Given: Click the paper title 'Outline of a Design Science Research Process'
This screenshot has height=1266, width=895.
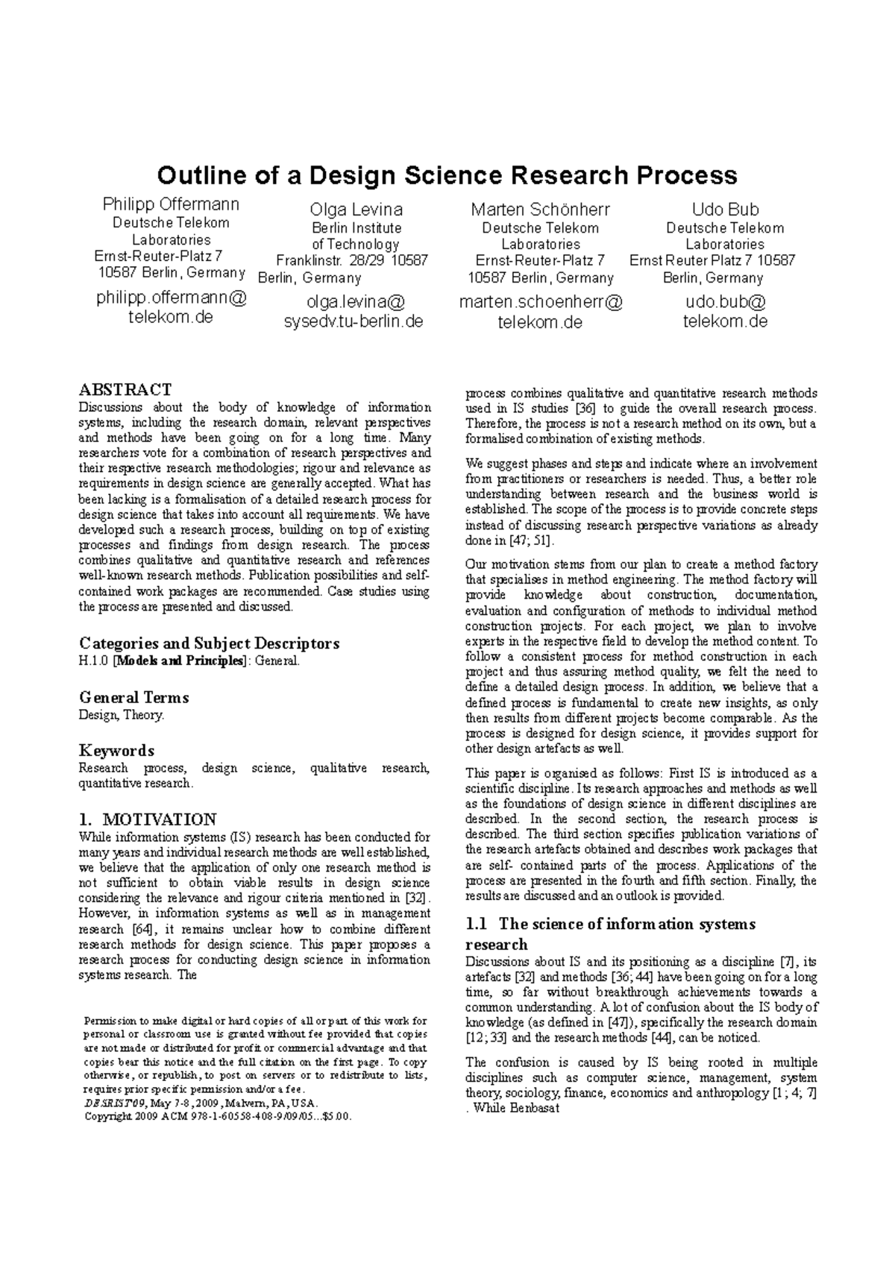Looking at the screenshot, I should [x=447, y=175].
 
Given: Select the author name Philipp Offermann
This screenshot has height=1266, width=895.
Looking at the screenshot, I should [x=171, y=204].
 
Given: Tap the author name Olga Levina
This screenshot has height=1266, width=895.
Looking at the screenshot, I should [x=356, y=210].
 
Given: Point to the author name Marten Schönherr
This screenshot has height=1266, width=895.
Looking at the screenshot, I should [x=540, y=210].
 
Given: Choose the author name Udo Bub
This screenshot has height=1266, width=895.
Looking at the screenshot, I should [x=725, y=210].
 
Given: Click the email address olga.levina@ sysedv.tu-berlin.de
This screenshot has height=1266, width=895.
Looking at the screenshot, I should [x=355, y=312].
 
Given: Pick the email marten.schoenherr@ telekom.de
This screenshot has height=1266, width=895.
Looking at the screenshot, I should [x=540, y=312].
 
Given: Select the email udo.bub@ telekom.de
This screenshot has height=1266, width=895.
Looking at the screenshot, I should [x=725, y=312].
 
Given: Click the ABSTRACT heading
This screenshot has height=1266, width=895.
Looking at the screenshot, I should [x=125, y=389].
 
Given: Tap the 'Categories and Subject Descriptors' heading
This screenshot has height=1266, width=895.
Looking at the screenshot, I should [x=209, y=643].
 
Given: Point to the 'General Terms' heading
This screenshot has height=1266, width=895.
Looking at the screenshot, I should [x=134, y=698].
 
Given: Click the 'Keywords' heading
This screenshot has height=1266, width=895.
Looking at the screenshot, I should [x=116, y=751].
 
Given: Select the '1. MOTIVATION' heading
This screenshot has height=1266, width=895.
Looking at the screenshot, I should [x=148, y=819].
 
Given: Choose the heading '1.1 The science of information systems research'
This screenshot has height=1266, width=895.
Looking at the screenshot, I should [x=610, y=933].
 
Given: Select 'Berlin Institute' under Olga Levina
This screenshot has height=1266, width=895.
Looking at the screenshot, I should [x=356, y=228].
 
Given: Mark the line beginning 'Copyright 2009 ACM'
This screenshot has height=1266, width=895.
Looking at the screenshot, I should [x=216, y=1116].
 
